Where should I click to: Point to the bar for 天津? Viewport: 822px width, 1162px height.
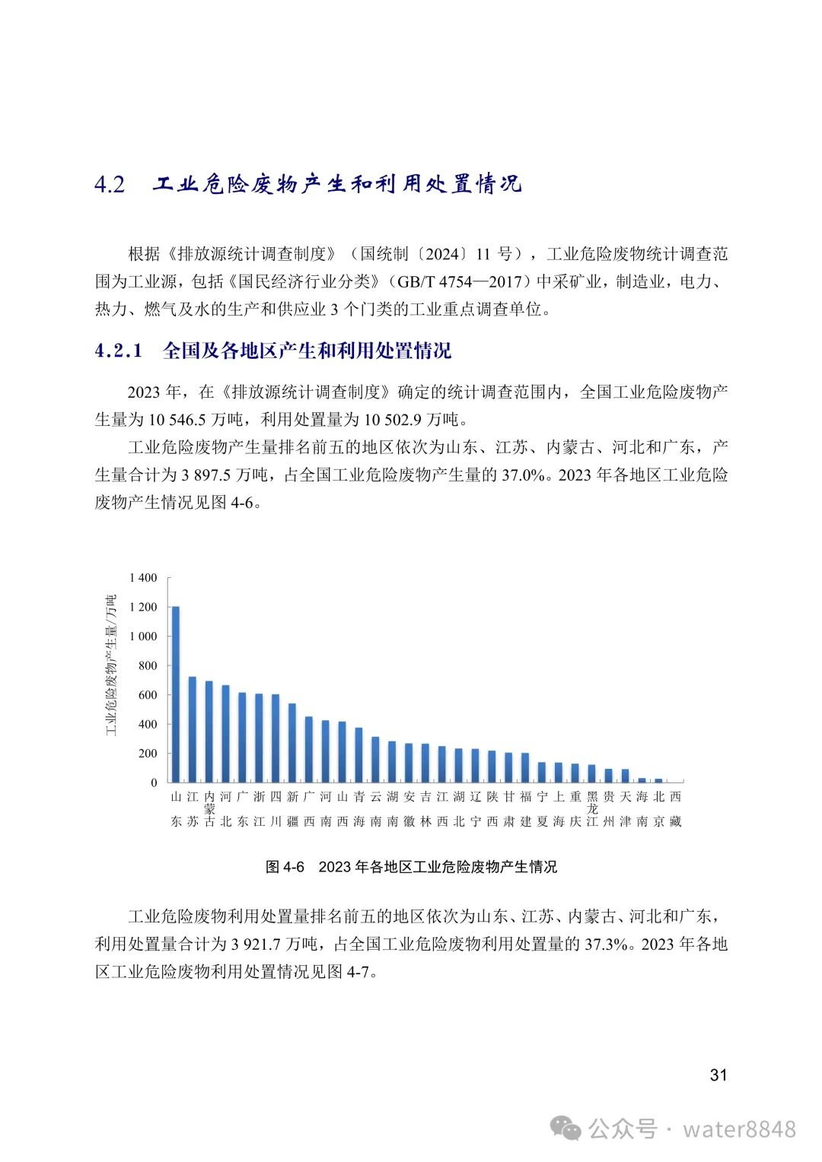(626, 775)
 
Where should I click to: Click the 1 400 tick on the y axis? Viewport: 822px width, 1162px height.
(143, 578)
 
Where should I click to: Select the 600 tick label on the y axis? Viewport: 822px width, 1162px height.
(148, 695)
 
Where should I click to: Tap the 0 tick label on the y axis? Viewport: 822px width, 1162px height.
(154, 783)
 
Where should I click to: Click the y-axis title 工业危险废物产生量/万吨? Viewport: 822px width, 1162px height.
(112, 665)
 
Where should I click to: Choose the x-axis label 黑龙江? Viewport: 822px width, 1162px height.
(592, 809)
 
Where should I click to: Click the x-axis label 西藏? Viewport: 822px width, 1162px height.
(675, 809)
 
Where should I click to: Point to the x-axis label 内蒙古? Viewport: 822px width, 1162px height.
(209, 809)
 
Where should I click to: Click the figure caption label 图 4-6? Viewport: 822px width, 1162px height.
(285, 867)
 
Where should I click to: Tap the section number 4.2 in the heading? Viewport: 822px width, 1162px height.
(110, 185)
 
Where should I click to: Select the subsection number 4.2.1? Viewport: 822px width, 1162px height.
(119, 351)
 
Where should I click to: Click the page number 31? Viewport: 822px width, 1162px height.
(718, 1075)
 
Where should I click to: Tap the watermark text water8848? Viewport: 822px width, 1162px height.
(739, 1129)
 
